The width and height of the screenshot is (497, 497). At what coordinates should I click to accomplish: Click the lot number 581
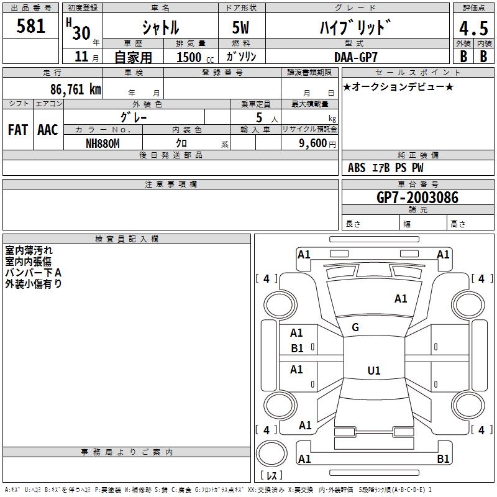point(30,26)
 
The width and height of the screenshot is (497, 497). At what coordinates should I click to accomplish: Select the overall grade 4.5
point(473,29)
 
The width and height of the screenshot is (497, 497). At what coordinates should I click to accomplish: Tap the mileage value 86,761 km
point(76,89)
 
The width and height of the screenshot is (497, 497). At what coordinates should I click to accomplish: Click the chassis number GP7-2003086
point(417,198)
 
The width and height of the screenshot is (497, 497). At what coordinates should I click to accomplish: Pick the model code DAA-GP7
point(356,57)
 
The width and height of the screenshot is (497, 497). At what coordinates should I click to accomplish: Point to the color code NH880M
point(103,144)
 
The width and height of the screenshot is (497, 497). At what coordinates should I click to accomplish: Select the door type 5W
point(240,27)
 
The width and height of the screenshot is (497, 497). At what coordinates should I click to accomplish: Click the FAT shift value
point(18,130)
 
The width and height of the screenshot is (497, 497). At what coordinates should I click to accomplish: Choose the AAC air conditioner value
point(48,130)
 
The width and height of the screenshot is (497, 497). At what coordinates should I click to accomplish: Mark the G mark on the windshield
point(355,327)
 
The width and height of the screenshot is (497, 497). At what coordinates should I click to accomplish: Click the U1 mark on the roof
point(374,370)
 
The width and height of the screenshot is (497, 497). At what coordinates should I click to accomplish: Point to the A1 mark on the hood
point(401,299)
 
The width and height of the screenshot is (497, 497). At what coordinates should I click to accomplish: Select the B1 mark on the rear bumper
point(443,459)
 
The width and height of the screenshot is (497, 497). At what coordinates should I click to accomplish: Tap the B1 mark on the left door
point(297,349)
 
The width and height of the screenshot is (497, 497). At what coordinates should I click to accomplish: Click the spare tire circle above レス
point(271,454)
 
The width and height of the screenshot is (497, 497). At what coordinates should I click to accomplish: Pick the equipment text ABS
point(357,168)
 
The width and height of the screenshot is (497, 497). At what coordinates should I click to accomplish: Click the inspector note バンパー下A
point(34,273)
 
